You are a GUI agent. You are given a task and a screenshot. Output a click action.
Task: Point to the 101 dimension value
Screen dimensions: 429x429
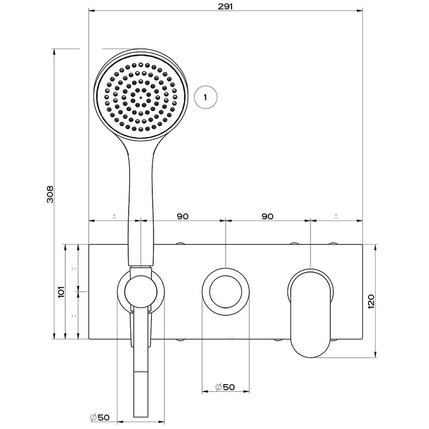(x=62, y=292)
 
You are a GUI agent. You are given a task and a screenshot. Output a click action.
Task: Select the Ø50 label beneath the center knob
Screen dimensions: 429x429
(x=225, y=387)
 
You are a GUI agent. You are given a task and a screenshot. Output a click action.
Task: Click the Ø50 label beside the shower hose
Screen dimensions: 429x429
(x=100, y=417)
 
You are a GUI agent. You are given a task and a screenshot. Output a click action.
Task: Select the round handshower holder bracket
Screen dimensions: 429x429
(x=141, y=292)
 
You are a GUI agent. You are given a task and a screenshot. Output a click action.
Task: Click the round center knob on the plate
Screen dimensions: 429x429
(x=226, y=292)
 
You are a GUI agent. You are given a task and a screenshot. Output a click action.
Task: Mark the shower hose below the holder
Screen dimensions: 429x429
(x=141, y=384)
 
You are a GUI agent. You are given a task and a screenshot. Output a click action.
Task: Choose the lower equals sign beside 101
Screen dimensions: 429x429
(x=74, y=315)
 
